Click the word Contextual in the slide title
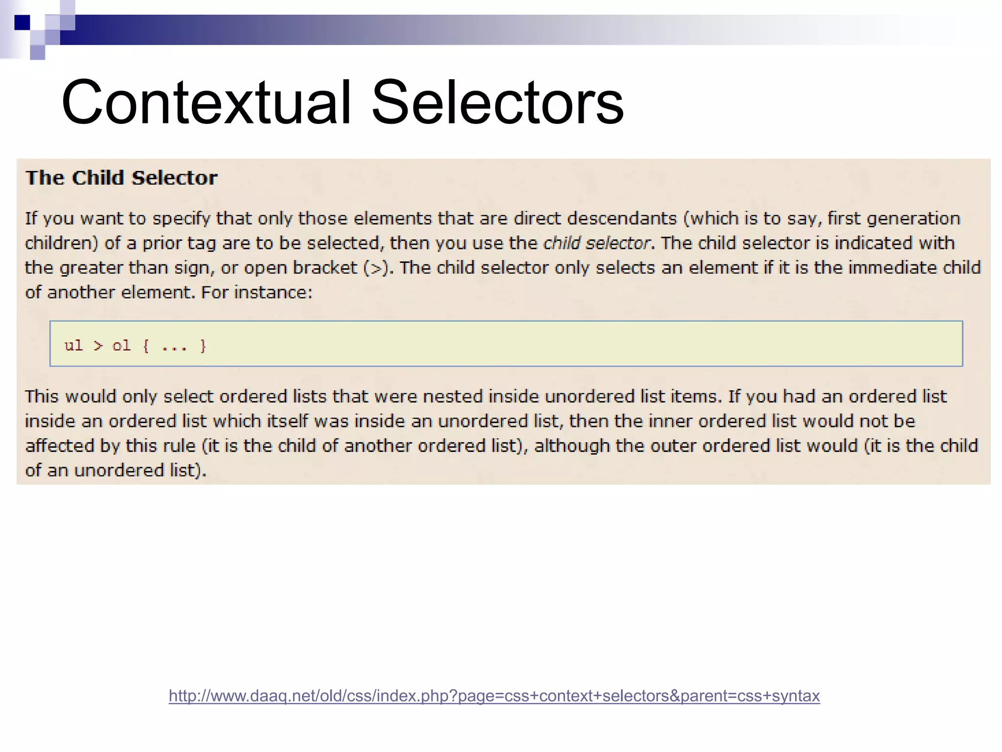[x=206, y=103]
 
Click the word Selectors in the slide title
[x=497, y=103]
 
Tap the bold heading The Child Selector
[x=121, y=178]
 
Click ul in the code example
[x=73, y=346]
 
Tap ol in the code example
[x=121, y=346]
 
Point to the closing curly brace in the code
[x=203, y=346]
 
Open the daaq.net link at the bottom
[x=494, y=696]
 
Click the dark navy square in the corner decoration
[x=22, y=23]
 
